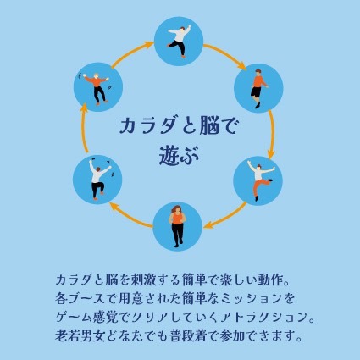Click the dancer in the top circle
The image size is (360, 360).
180,41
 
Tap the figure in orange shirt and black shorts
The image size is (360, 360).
258,89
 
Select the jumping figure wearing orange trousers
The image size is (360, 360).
260,180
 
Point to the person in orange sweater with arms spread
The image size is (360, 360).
97,88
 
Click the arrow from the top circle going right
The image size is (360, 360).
224,56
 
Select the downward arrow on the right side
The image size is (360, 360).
272,135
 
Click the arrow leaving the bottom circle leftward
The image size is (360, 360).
130,215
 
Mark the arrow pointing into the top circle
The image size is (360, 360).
132,54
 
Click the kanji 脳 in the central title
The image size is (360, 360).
208,126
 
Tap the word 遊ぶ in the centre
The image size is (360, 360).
180,156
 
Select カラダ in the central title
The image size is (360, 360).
149,126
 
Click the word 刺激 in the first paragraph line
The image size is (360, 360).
144,280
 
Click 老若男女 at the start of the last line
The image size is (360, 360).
79,336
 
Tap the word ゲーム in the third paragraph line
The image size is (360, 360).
74,318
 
